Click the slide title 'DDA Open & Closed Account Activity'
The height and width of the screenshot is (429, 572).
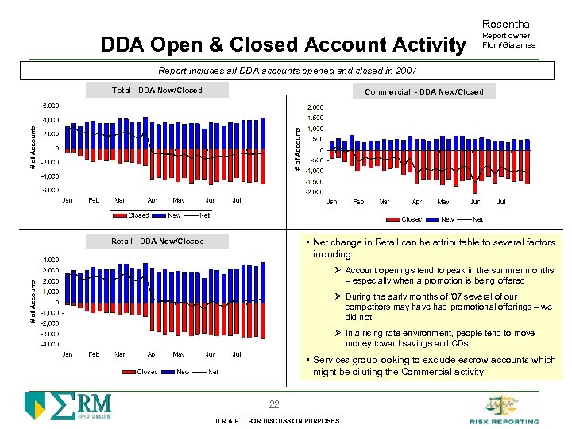pyautogui.click(x=283, y=44)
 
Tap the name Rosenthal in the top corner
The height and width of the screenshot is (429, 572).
pyautogui.click(x=507, y=25)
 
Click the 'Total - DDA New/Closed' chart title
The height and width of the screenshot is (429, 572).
pyautogui.click(x=157, y=91)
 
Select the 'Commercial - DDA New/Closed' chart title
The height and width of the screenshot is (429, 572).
pyautogui.click(x=423, y=92)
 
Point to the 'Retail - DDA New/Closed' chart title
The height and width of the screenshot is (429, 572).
pyautogui.click(x=157, y=242)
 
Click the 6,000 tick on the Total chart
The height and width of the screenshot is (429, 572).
pyautogui.click(x=50, y=106)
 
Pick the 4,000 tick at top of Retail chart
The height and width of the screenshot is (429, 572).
pyautogui.click(x=50, y=260)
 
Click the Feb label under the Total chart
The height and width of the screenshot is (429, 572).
pyautogui.click(x=94, y=200)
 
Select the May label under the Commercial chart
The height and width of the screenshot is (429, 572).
pyautogui.click(x=443, y=202)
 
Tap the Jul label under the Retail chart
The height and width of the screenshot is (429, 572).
pyautogui.click(x=237, y=354)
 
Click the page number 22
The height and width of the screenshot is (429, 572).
pyautogui.click(x=273, y=404)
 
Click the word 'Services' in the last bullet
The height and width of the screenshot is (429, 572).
pyautogui.click(x=332, y=360)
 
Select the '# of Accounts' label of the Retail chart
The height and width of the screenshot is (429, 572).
pyautogui.click(x=33, y=300)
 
